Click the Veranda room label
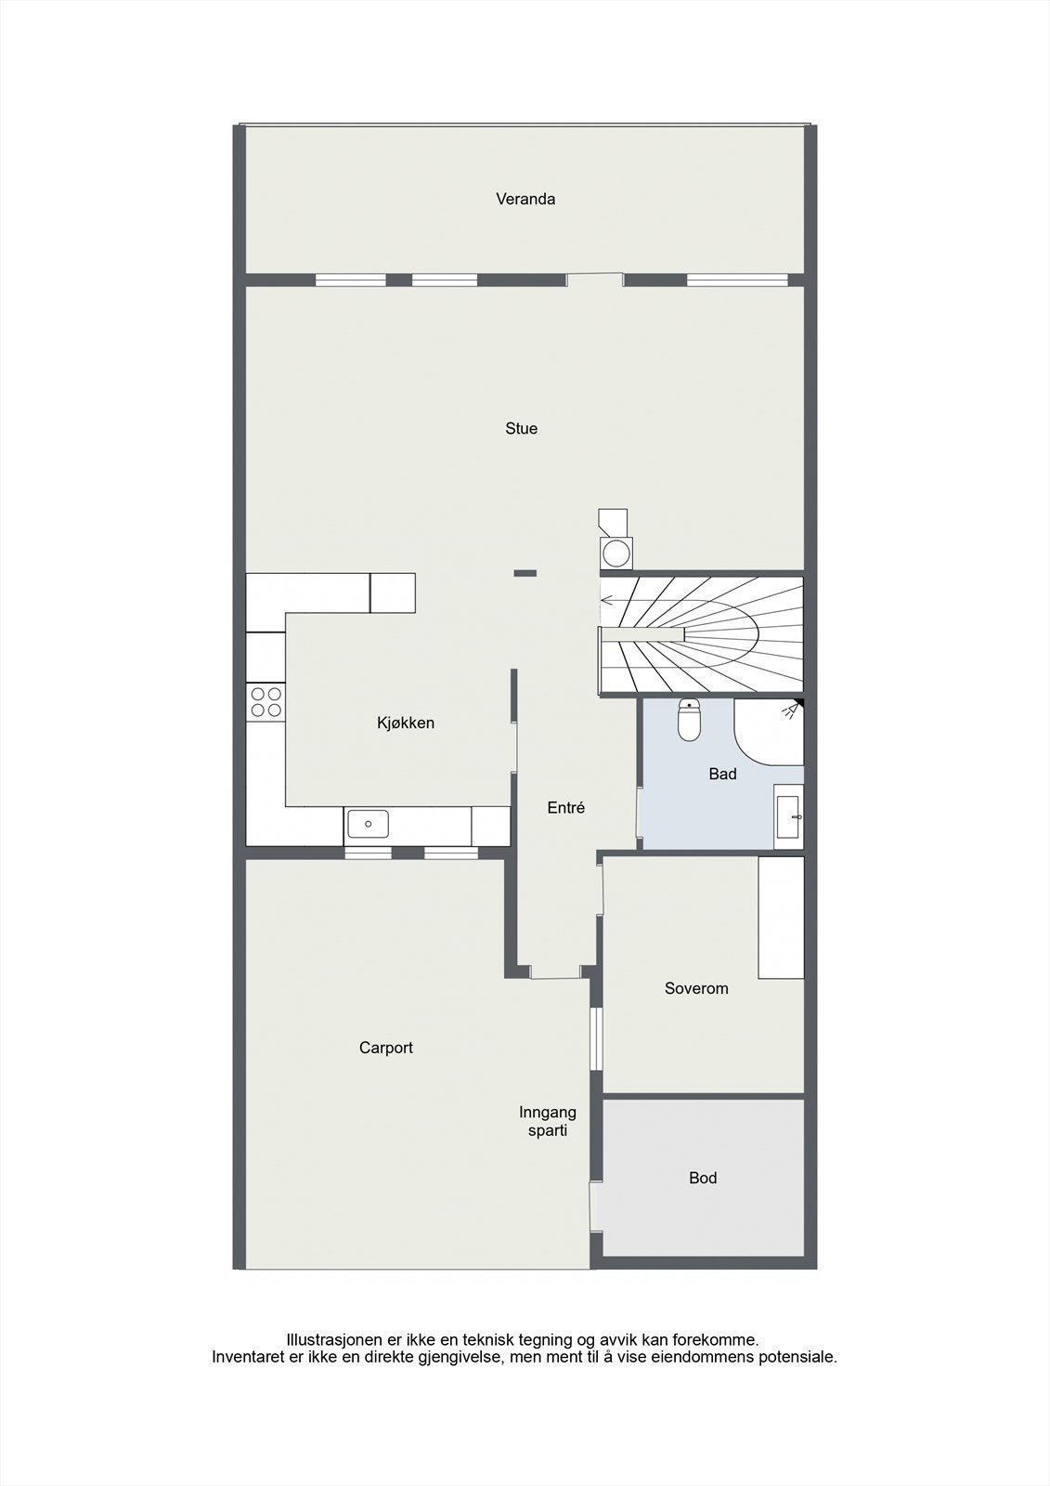point(525,199)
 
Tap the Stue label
point(521,428)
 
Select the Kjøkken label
point(405,723)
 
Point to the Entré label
point(565,808)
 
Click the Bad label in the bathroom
point(722,774)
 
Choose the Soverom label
point(696,988)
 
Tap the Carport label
point(385,1048)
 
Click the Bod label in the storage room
point(703,1178)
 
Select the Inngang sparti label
point(548,1121)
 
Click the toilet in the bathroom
point(689,722)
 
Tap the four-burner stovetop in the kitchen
point(266,701)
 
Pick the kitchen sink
point(368,824)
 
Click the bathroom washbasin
point(790,816)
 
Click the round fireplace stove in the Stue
point(616,553)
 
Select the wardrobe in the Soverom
point(781,918)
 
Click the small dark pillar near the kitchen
point(525,573)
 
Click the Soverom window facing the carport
point(597,1039)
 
